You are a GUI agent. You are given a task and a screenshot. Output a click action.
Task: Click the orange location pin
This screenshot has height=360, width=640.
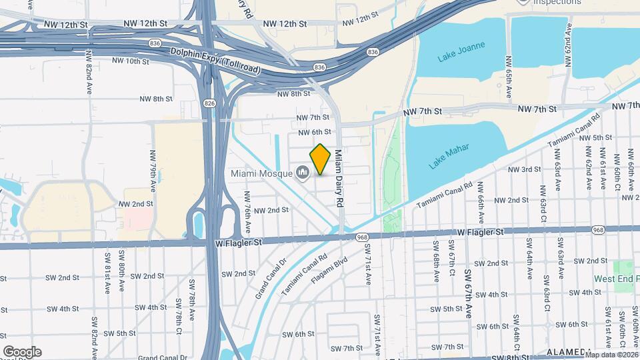(x=321, y=159)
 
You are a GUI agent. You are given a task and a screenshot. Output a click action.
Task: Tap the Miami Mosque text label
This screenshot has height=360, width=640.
(x=262, y=173)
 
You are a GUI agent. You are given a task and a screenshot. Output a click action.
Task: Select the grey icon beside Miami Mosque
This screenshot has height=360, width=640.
(x=303, y=173)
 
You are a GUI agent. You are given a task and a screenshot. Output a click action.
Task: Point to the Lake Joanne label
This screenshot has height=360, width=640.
(x=461, y=52)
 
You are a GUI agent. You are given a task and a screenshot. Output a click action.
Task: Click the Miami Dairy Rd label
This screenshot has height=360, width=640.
(x=339, y=178)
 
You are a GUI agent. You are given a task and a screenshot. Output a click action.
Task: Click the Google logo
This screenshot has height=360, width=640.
(x=21, y=351)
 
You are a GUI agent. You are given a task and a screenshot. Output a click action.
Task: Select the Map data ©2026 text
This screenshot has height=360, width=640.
(x=611, y=354)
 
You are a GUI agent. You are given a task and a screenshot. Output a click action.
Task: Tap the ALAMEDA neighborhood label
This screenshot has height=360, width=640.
(x=569, y=352)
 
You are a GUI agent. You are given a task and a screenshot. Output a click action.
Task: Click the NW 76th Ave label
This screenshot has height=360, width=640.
(x=247, y=211)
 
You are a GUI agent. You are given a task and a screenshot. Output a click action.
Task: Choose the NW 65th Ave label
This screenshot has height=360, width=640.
(x=509, y=83)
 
